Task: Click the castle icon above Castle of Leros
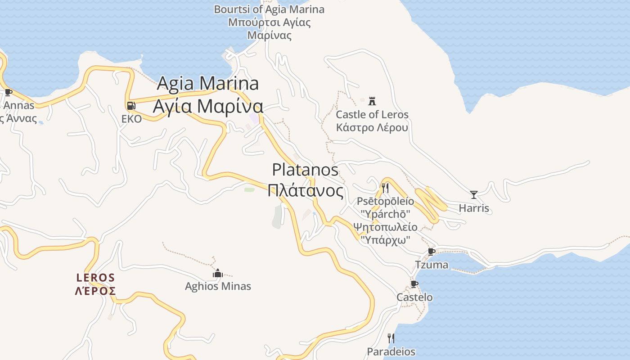click(372, 101)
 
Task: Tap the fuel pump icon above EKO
click(131, 106)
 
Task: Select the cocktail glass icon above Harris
click(473, 194)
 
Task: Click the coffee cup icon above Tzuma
click(432, 252)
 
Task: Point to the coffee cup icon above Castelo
click(414, 284)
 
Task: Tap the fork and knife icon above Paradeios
click(391, 338)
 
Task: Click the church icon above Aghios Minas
click(218, 273)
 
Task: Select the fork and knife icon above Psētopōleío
click(385, 188)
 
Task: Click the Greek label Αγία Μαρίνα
click(208, 106)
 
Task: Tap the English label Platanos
click(305, 170)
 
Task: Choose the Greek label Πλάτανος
click(305, 190)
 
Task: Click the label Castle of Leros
click(372, 114)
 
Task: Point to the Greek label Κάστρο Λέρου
click(372, 127)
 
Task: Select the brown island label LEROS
click(95, 278)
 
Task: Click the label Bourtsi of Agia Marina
click(269, 9)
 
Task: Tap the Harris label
click(474, 208)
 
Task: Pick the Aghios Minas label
click(218, 286)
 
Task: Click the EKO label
click(131, 119)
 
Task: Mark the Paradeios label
click(391, 351)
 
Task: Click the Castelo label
click(414, 297)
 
